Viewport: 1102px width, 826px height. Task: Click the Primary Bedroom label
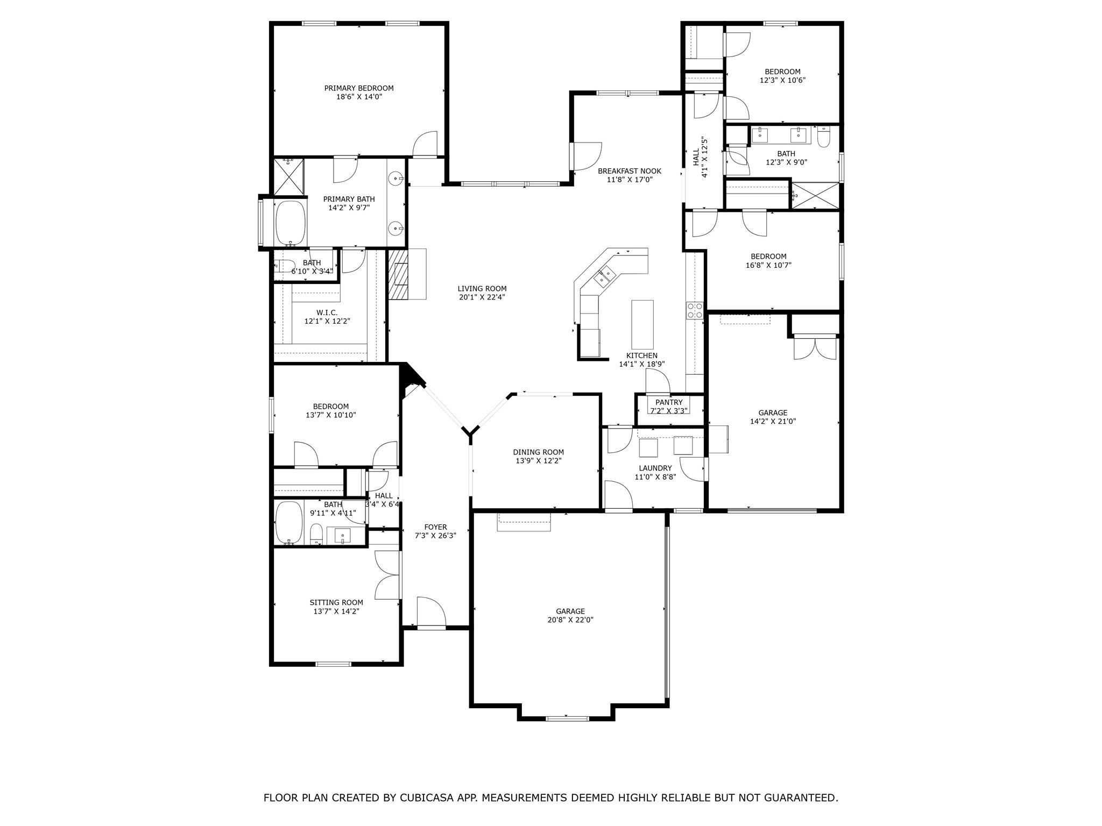pos(358,88)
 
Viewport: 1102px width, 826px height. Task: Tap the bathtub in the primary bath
pos(291,223)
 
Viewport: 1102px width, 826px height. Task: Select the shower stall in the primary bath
pos(289,176)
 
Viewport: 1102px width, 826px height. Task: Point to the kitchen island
pos(642,324)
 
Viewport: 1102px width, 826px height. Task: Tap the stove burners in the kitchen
pos(694,310)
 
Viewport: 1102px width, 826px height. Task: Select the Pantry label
pos(669,402)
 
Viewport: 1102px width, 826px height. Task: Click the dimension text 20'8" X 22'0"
pos(570,619)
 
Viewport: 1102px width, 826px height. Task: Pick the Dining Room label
pos(538,452)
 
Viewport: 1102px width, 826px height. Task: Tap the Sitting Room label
pos(336,603)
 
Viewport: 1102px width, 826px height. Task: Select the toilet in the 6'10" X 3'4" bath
pos(284,265)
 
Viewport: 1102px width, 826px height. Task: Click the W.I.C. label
pos(327,312)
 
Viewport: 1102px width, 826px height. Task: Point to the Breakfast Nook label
pos(630,171)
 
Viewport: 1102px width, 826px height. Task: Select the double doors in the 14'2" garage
pos(816,348)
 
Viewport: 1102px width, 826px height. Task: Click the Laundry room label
pos(655,468)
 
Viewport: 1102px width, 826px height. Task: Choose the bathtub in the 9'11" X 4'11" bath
pos(289,523)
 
